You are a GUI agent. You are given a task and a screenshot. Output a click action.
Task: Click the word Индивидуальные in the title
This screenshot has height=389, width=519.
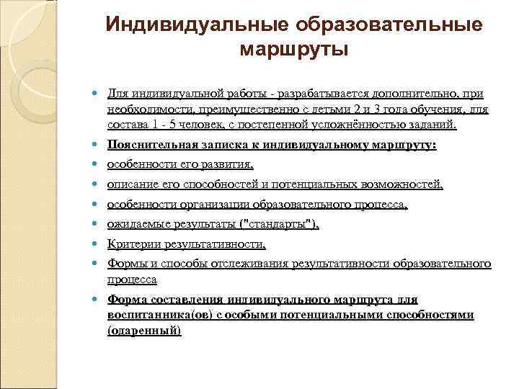[197, 24]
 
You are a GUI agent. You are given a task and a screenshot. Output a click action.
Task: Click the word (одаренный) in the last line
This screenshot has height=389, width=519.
[144, 331]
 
